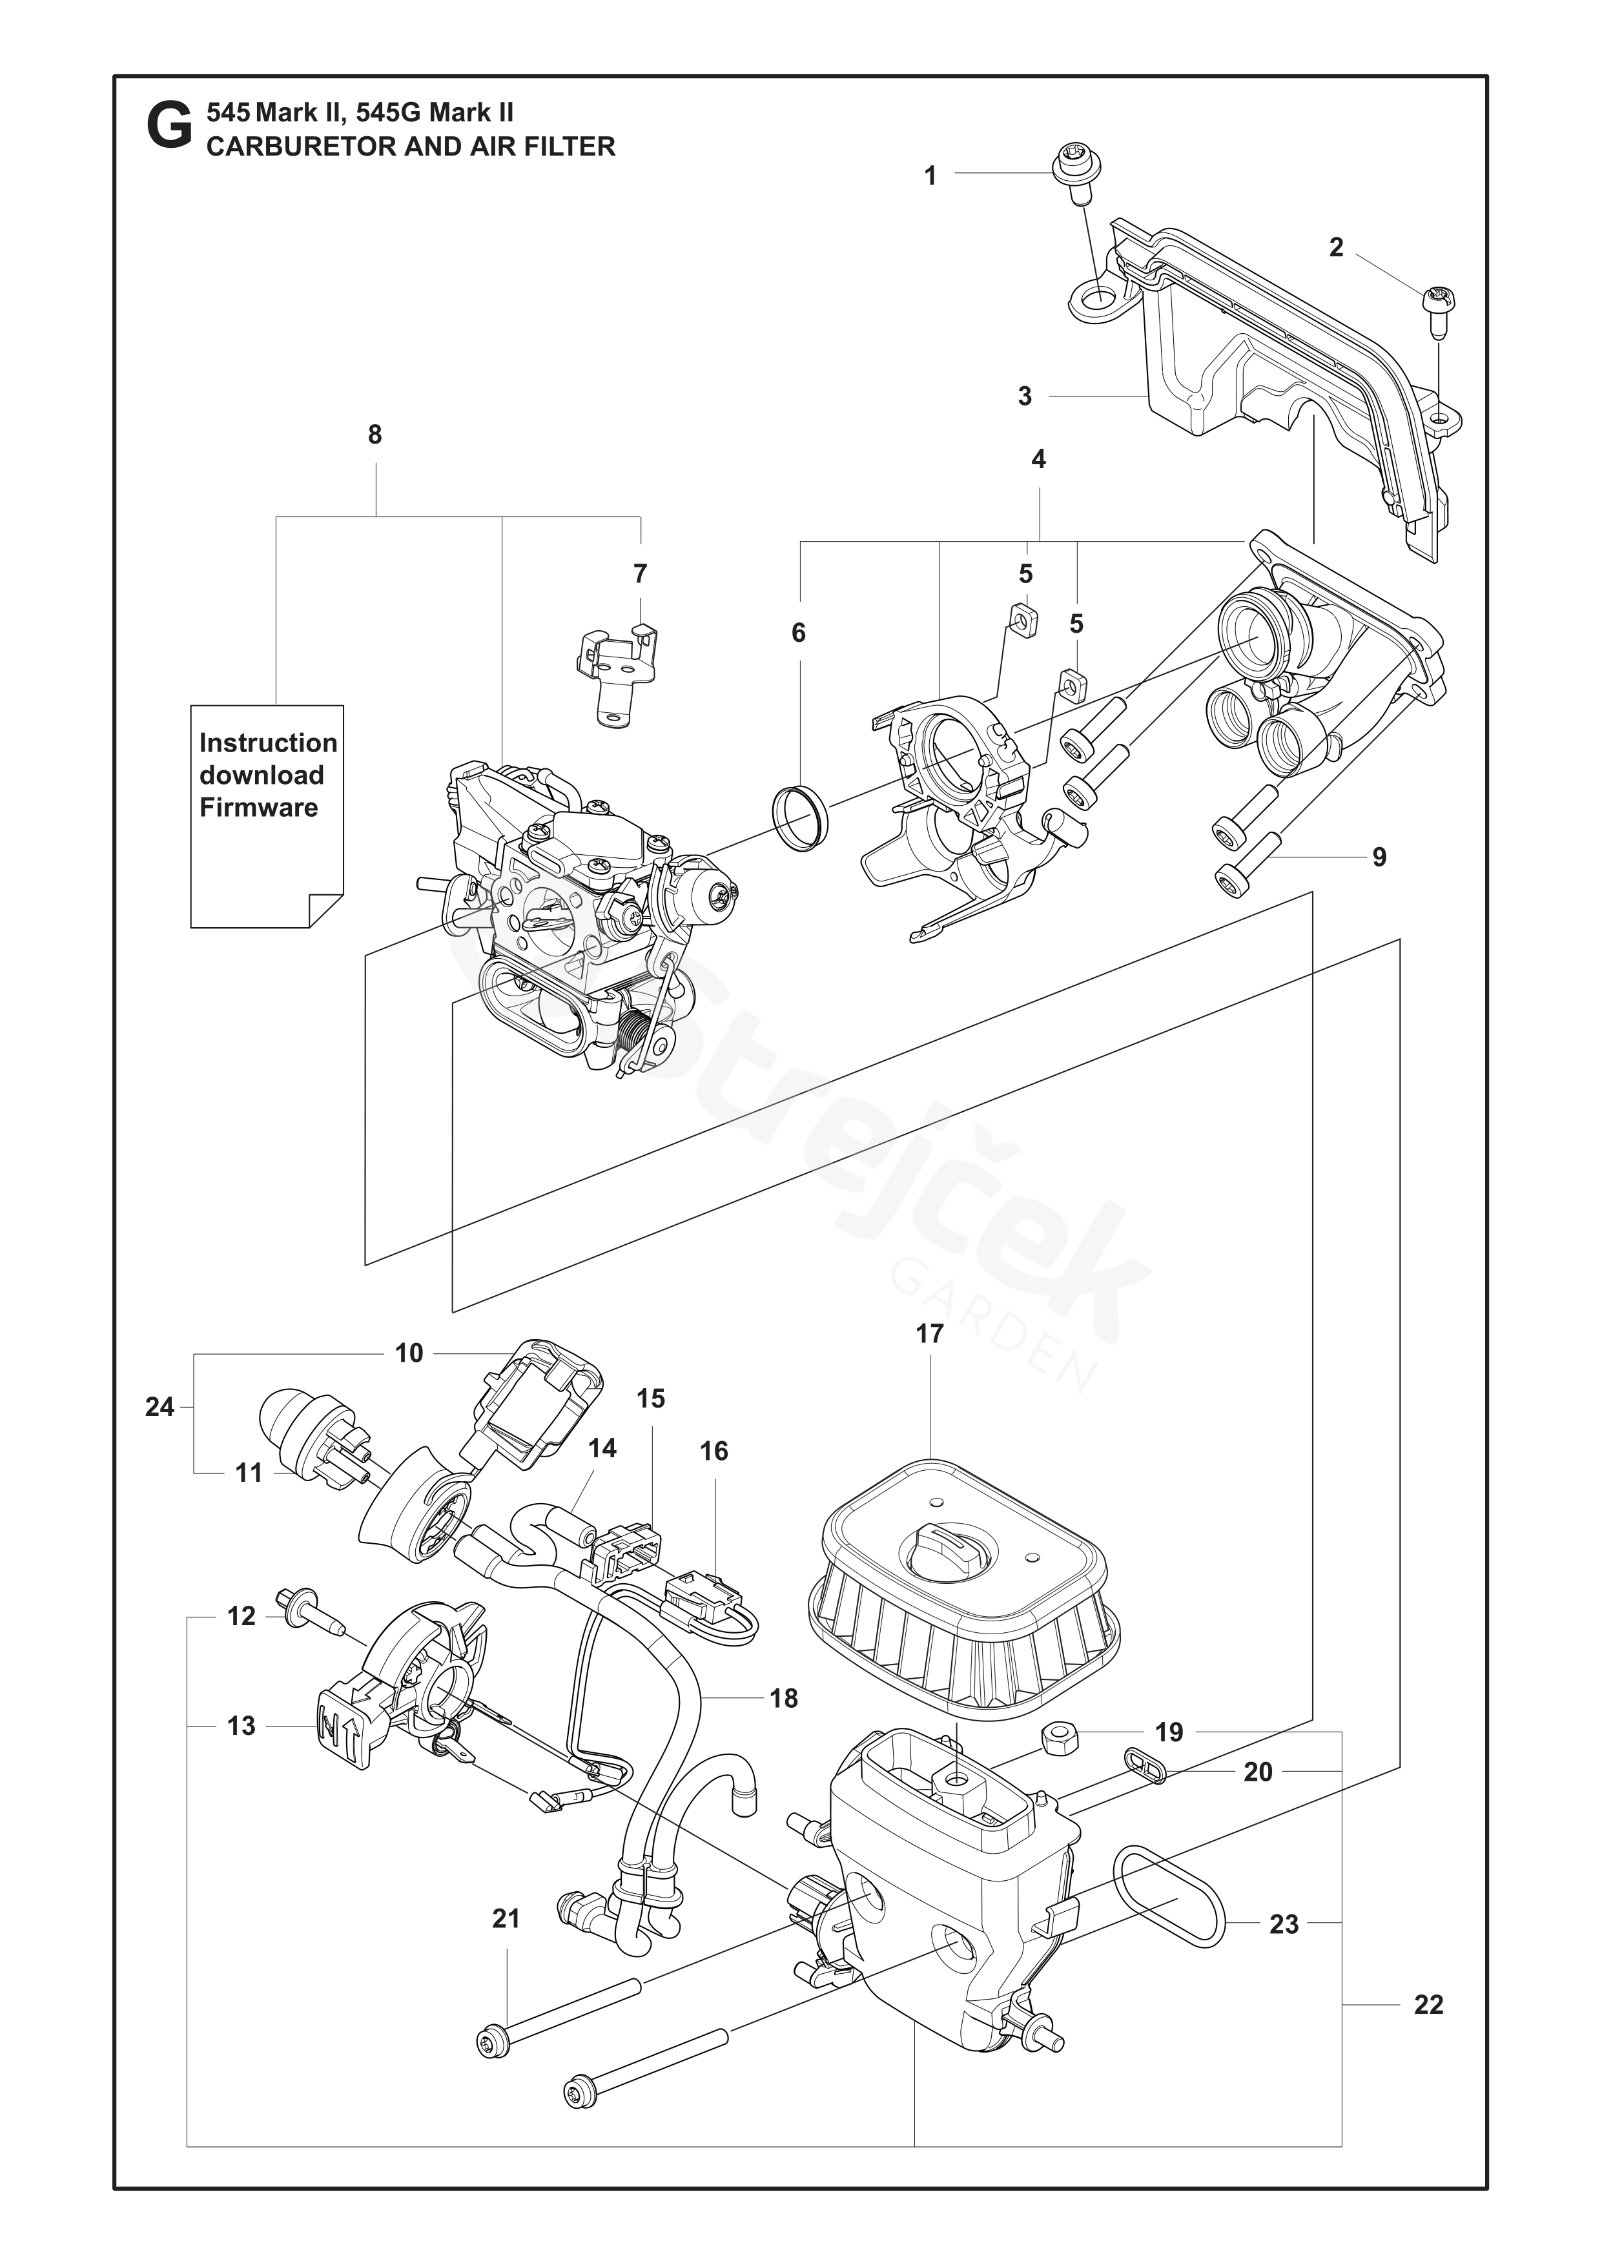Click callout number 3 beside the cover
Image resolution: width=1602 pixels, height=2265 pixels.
(1025, 396)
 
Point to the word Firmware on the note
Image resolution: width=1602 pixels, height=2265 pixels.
(258, 808)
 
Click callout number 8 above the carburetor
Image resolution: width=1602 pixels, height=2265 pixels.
(375, 435)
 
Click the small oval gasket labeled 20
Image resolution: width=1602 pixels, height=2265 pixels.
(1144, 1766)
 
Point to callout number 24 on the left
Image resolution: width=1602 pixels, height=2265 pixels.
(159, 1408)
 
